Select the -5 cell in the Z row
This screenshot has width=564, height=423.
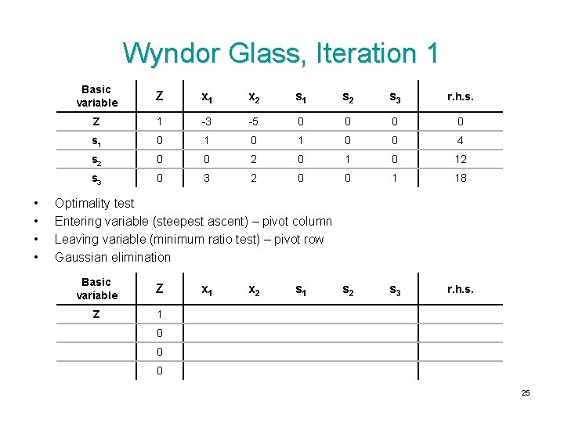(x=253, y=122)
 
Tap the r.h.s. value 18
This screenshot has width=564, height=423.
(x=460, y=178)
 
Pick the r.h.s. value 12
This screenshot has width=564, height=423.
(x=460, y=159)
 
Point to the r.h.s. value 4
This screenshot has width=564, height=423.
(x=460, y=141)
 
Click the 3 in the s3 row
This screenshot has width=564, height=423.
(x=207, y=178)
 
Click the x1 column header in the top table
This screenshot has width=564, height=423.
(x=207, y=97)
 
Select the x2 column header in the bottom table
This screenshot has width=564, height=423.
(x=253, y=290)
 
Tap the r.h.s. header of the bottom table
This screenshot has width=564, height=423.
(x=460, y=290)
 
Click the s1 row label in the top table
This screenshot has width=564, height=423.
(x=96, y=141)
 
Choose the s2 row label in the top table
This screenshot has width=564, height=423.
(x=96, y=159)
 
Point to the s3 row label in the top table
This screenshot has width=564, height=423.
(x=96, y=178)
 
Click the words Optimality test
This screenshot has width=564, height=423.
(x=94, y=204)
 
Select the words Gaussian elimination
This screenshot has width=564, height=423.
(x=112, y=258)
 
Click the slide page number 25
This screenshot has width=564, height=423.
(x=526, y=392)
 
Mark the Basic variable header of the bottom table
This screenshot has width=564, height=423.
(x=96, y=289)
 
